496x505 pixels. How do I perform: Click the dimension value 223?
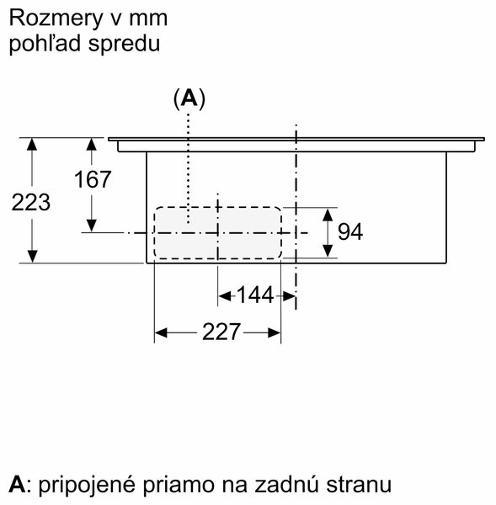pyautogui.click(x=31, y=203)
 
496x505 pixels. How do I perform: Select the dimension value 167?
pyautogui.click(x=93, y=179)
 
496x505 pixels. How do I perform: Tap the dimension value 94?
pyautogui.click(x=350, y=231)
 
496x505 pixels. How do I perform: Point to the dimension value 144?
pyautogui.click(x=255, y=295)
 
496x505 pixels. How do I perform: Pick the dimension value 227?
pyautogui.click(x=221, y=332)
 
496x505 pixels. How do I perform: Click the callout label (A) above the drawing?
pyautogui.click(x=189, y=98)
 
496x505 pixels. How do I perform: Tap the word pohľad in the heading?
pyautogui.click(x=45, y=44)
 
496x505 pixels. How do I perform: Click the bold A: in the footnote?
pyautogui.click(x=19, y=484)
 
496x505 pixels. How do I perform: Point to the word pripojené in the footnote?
pyautogui.click(x=87, y=485)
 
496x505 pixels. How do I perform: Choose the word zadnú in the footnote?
pyautogui.click(x=285, y=484)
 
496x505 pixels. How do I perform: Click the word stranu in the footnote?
pyautogui.click(x=359, y=484)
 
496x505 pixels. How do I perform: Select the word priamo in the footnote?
pyautogui.click(x=179, y=485)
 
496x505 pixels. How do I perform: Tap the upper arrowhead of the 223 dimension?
pyautogui.click(x=32, y=144)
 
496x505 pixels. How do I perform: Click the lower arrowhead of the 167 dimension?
pyautogui.click(x=92, y=226)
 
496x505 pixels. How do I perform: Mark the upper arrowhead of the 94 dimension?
pyautogui.click(x=328, y=215)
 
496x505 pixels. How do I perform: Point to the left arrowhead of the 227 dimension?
pyautogui.click(x=161, y=332)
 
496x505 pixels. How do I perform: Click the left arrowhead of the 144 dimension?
pyautogui.click(x=225, y=295)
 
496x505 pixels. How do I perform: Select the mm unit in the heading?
pyautogui.click(x=148, y=19)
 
